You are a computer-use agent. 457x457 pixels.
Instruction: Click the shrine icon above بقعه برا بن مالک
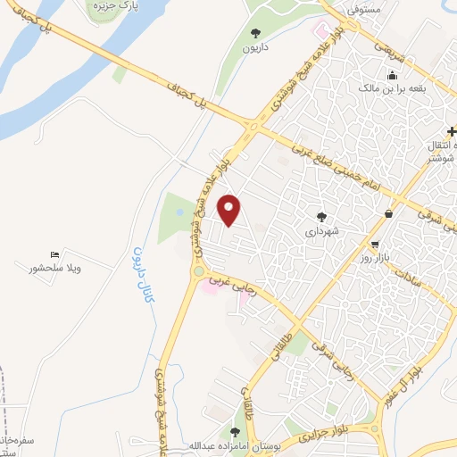click(390, 74)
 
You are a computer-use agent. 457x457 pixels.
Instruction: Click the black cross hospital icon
click(451, 131)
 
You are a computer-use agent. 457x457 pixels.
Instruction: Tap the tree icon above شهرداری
click(321, 216)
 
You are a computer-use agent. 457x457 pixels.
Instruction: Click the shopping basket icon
click(388, 213)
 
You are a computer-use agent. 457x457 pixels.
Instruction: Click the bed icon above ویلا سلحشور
click(55, 254)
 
